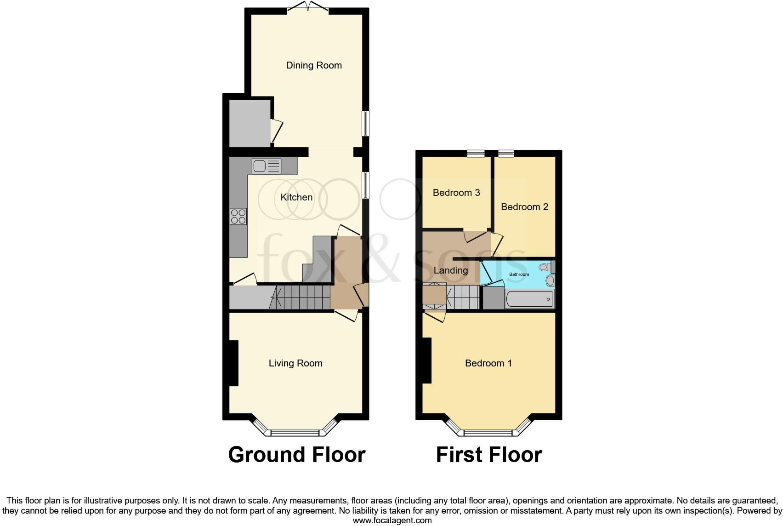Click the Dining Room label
point(314,65)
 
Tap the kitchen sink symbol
point(266,166)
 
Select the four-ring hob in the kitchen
point(238,217)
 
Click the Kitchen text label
point(296,197)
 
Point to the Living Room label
point(295,363)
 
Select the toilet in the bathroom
point(546,267)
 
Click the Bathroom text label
point(519,274)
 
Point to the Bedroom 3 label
point(456,193)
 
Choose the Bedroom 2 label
point(524,207)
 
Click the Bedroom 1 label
point(488,363)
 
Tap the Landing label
point(451,270)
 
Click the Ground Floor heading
point(296,455)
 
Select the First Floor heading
point(489,455)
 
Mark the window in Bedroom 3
point(476,154)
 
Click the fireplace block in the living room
point(233,363)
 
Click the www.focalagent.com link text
point(392,520)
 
